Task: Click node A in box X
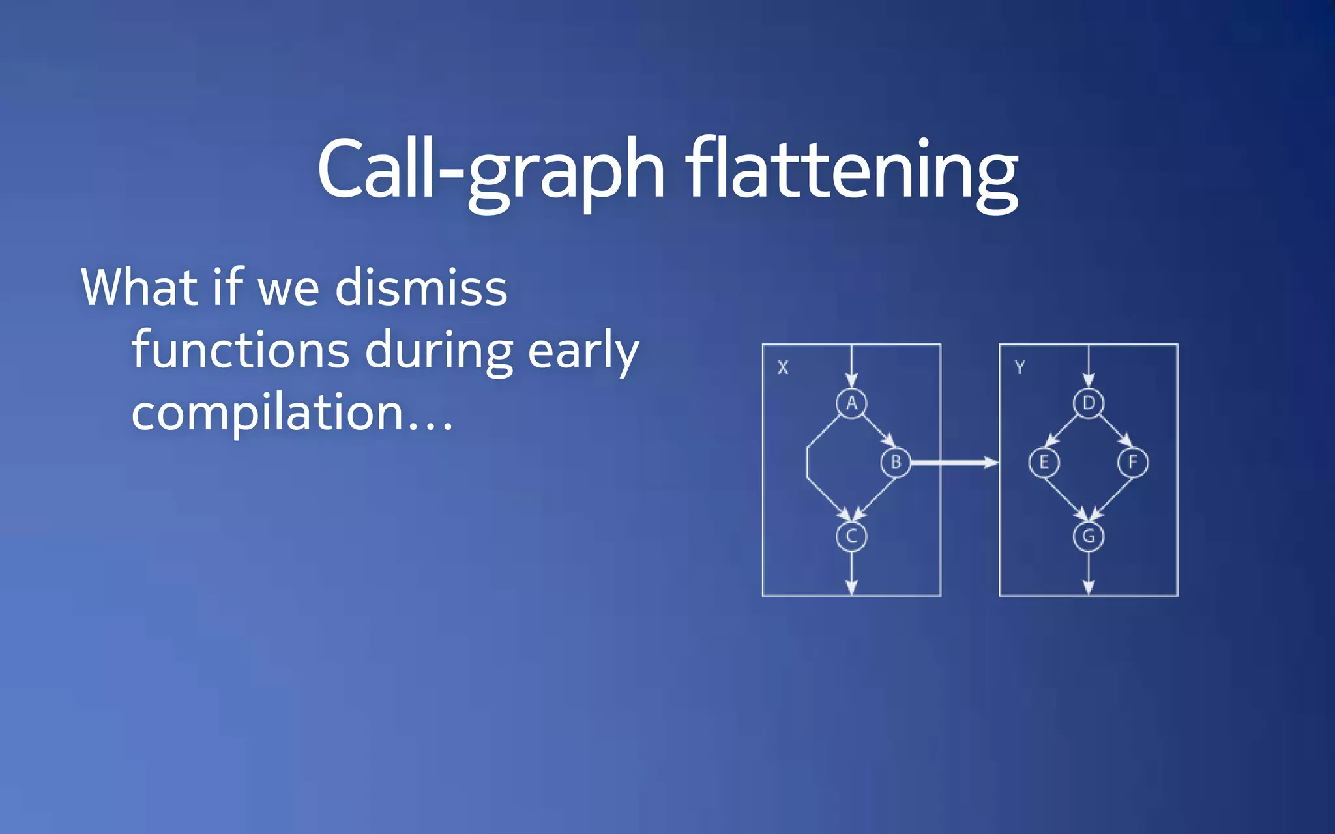click(851, 403)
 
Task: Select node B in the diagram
click(896, 463)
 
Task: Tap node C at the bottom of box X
click(851, 536)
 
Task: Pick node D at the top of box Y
click(1089, 403)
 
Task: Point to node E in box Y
click(1044, 463)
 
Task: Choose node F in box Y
click(1133, 463)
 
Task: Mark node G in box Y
click(1089, 536)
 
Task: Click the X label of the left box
click(783, 367)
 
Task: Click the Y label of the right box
click(1020, 367)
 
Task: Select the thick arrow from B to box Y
click(954, 463)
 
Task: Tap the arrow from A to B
click(879, 431)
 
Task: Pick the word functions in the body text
click(241, 350)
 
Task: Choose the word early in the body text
click(583, 350)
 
